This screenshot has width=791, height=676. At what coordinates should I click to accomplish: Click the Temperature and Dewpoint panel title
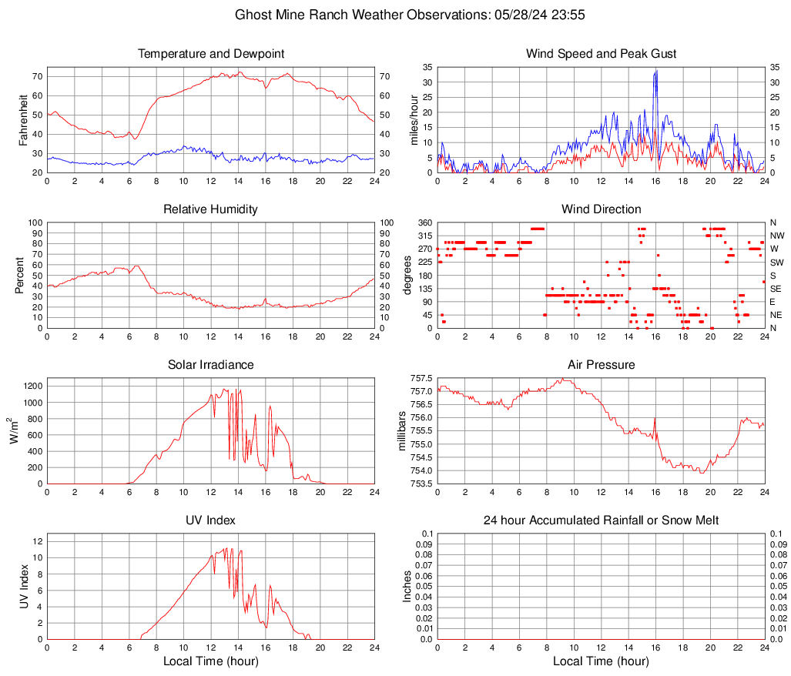[x=211, y=54]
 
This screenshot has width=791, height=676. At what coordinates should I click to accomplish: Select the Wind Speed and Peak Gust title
[x=601, y=54]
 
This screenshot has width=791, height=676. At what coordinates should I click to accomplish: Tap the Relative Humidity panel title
[x=211, y=209]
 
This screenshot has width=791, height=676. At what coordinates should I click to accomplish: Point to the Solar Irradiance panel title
[x=211, y=365]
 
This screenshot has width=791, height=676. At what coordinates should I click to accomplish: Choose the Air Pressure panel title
[x=601, y=365]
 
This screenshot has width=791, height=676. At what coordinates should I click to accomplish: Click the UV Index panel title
[x=211, y=520]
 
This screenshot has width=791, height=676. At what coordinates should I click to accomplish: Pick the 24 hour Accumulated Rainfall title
[x=601, y=520]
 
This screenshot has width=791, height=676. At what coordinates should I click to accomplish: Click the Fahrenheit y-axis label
[x=24, y=119]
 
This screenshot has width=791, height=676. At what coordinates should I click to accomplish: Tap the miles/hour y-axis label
[x=414, y=119]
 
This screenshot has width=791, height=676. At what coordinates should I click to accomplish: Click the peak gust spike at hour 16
[x=655, y=72]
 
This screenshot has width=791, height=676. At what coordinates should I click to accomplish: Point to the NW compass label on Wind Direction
[x=777, y=236]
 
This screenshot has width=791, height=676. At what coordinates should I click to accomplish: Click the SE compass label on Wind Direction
[x=776, y=289]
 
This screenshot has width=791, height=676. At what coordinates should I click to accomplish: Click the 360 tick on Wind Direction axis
[x=424, y=223]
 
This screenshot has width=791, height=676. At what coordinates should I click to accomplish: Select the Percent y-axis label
[x=19, y=275]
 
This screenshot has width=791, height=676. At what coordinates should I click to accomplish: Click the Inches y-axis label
[x=407, y=586]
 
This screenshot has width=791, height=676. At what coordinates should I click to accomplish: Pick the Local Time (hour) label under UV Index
[x=211, y=661]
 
